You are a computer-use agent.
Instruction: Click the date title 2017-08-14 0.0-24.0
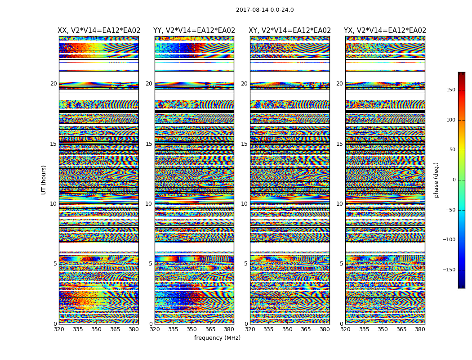(265, 10)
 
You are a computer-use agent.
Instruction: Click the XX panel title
(99, 31)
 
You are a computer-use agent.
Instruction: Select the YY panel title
(194, 31)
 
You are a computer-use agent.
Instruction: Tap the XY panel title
(290, 31)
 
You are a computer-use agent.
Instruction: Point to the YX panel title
(385, 31)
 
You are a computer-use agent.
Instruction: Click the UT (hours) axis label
(44, 180)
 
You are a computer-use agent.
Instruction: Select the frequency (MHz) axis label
(217, 338)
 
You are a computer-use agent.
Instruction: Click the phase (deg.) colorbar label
(436, 180)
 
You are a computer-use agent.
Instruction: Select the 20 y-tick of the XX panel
(53, 84)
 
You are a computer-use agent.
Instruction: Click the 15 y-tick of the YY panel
(149, 144)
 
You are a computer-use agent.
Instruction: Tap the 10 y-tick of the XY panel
(244, 204)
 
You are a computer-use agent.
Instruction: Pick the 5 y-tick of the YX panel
(341, 264)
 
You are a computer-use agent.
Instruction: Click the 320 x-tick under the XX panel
(59, 329)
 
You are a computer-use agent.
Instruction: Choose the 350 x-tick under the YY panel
(192, 329)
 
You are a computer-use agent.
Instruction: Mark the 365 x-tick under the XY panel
(306, 329)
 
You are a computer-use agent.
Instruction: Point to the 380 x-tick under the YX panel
(420, 329)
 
